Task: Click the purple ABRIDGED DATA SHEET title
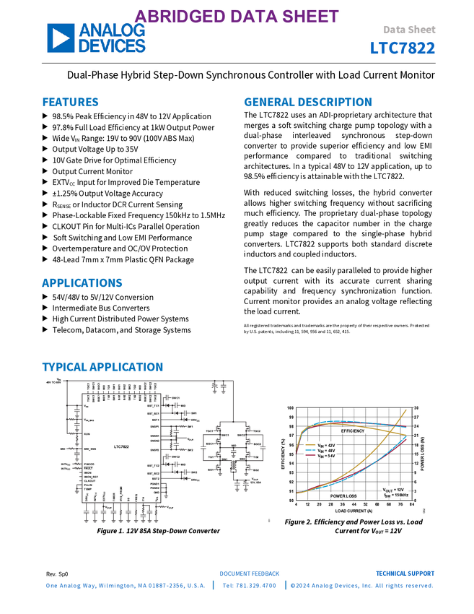(x=237, y=17)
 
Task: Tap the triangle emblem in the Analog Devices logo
(x=61, y=38)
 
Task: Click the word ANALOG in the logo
(x=112, y=31)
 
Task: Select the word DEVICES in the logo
(x=112, y=46)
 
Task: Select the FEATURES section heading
(x=70, y=103)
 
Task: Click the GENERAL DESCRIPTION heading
(x=307, y=103)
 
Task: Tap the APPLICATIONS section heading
(x=82, y=283)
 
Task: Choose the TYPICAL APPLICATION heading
(x=102, y=367)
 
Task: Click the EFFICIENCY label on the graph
(x=353, y=431)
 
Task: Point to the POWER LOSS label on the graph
(x=343, y=496)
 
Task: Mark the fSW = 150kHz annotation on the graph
(x=395, y=496)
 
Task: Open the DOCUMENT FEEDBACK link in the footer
(x=250, y=574)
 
